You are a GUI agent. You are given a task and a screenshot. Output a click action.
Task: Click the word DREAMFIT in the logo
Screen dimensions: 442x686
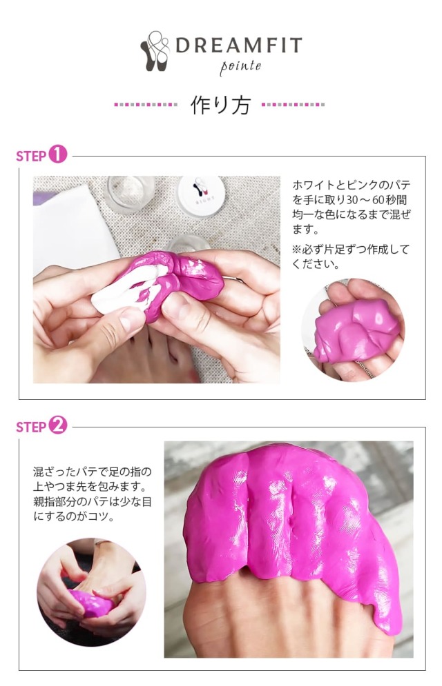(239, 45)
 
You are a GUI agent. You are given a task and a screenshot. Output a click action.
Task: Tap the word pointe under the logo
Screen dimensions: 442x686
(240, 67)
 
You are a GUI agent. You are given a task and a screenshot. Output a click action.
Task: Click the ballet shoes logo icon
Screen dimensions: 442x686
(155, 51)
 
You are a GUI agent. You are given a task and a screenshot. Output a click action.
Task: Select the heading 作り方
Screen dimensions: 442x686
(220, 105)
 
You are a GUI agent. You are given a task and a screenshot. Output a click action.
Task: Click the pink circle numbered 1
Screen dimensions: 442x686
(58, 154)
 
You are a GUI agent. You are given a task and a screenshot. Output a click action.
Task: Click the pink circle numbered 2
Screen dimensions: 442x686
(58, 425)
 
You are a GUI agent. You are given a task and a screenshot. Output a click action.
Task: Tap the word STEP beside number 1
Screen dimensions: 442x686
(31, 157)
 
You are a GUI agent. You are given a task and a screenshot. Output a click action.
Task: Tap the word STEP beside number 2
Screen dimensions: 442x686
(31, 427)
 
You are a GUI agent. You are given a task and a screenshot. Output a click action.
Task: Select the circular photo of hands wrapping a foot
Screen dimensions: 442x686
(91, 592)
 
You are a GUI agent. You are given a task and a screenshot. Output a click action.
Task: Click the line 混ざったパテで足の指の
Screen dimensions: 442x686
(93, 472)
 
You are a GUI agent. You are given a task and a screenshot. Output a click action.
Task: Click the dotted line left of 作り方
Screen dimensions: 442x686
(146, 105)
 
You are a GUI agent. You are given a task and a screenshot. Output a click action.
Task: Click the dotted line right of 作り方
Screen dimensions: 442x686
(293, 105)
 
